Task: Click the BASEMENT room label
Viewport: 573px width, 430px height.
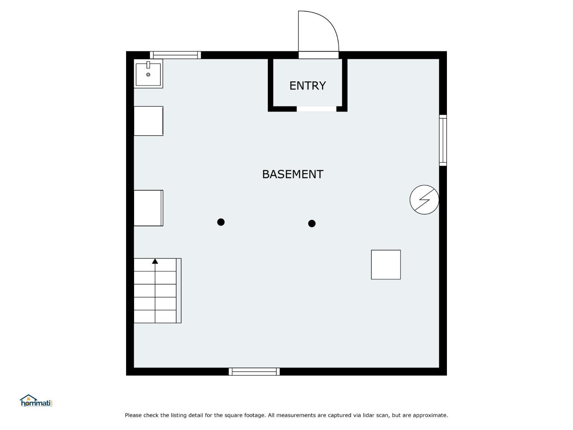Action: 293,174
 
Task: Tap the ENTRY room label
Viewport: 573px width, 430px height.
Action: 308,86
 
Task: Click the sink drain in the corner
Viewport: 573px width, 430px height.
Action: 148,75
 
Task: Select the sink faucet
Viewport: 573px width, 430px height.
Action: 148,65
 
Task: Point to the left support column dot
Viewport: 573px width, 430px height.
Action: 221,222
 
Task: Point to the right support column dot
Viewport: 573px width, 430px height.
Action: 312,224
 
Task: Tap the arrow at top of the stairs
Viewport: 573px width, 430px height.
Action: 155,261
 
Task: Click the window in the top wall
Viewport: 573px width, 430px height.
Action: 175,55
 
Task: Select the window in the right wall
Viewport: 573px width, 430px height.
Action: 443,140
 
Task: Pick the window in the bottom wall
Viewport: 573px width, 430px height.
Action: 254,372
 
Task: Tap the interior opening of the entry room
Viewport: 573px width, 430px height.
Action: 316,109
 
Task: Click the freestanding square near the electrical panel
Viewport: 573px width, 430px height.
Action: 386,265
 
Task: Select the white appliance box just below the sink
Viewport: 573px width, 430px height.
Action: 149,121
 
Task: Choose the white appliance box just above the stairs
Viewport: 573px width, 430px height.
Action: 149,208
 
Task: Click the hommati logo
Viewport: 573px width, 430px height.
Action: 36,401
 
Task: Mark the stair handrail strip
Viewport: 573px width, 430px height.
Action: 178,290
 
